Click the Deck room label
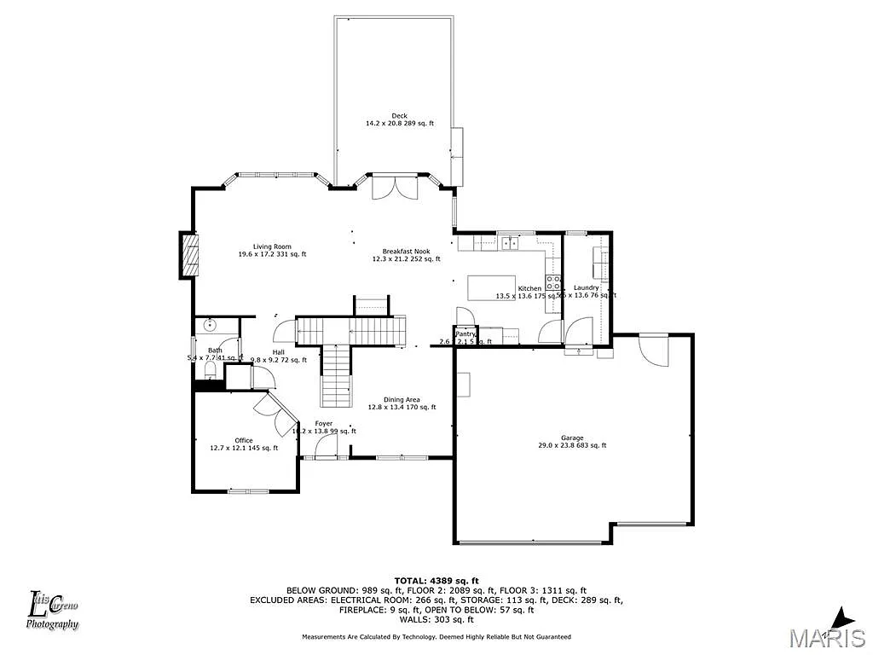[399, 116]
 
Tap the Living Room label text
[272, 247]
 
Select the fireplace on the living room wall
[190, 254]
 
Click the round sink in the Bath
[210, 325]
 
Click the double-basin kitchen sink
[511, 243]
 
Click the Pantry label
[465, 333]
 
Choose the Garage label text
[572, 438]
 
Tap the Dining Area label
[401, 400]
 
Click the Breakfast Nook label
[406, 252]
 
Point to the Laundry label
[587, 288]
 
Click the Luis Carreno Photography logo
[53, 611]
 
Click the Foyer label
[323, 424]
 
